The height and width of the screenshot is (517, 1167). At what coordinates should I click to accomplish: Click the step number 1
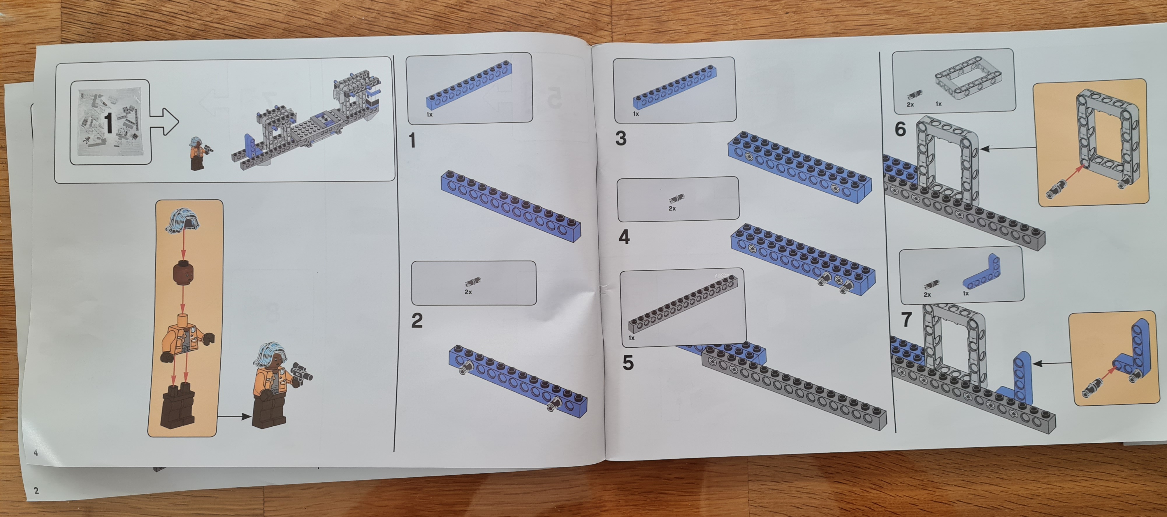(412, 140)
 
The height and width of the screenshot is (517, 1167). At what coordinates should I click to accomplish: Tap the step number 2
(417, 320)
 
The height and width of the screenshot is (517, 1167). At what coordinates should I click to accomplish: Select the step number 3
(621, 138)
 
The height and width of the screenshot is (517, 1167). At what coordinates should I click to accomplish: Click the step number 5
(628, 363)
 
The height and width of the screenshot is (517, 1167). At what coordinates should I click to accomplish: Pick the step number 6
(900, 129)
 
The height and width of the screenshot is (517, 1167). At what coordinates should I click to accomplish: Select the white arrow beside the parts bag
(164, 122)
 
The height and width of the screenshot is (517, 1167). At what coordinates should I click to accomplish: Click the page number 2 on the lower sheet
(36, 490)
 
